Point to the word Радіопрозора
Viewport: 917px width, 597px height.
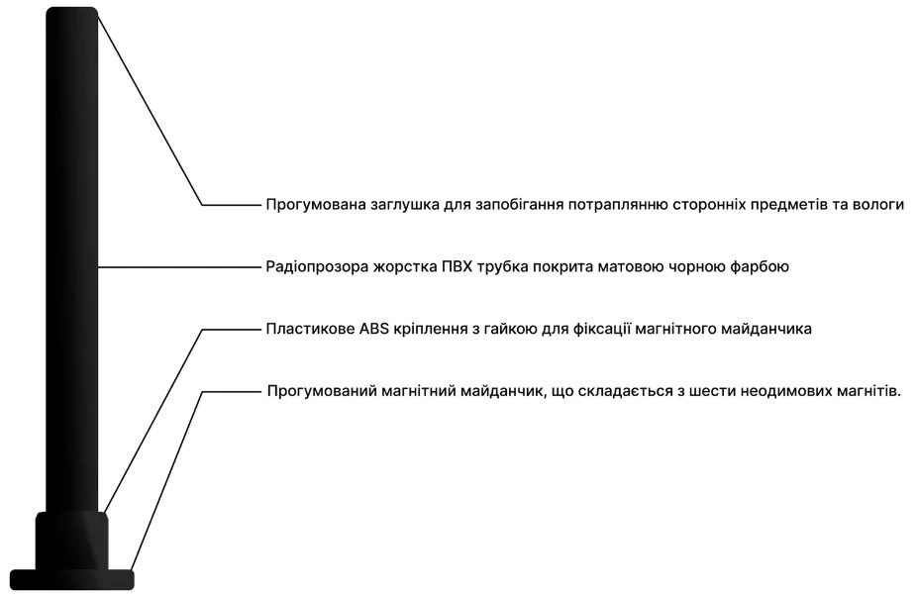(317, 267)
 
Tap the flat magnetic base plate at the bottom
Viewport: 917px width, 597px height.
(72, 579)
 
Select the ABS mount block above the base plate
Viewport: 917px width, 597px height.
(72, 541)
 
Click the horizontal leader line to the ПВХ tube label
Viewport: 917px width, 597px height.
(179, 267)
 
